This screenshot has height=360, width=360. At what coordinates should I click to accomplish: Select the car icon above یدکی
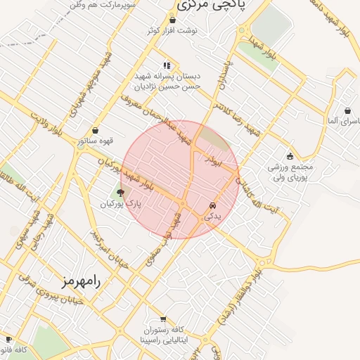click(212, 205)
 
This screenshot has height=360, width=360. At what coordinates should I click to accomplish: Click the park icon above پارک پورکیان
click(120, 191)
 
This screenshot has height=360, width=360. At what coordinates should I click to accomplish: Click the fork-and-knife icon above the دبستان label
click(167, 65)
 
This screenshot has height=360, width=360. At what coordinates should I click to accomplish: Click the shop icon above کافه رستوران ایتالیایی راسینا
click(163, 317)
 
